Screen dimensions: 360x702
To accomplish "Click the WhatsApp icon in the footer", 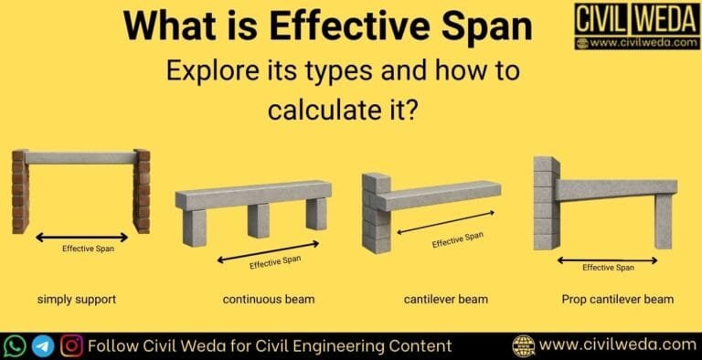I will (15, 345).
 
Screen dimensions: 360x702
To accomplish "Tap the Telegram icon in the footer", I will (43, 345).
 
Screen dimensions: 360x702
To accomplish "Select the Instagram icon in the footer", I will (71, 345).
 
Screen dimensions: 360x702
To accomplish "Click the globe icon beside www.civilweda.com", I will (524, 345).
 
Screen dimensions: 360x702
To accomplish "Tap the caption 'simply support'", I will (77, 299).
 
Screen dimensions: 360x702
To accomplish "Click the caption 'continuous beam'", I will (265, 299).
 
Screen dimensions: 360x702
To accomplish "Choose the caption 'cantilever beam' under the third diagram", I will (445, 299).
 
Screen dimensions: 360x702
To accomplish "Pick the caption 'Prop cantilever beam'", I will (618, 299).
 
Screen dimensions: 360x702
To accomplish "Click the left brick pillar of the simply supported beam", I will (20, 192).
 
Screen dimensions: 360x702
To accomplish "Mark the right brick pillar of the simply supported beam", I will (142, 192).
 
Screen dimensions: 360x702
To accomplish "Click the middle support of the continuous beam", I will (259, 220).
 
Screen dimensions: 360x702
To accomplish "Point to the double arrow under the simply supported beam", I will (81, 238).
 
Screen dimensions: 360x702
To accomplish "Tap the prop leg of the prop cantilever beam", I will (663, 220).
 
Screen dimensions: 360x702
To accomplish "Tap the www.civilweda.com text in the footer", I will (617, 345).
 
